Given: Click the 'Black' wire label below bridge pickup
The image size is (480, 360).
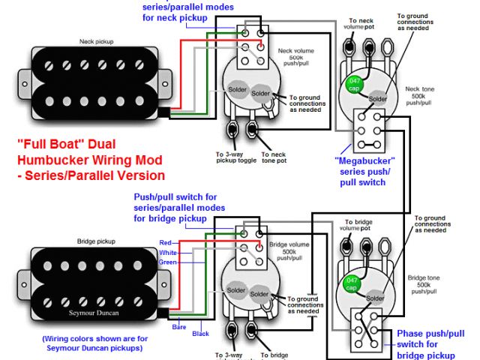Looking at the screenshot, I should tap(201, 332).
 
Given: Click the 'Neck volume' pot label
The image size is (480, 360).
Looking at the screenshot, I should tap(296, 52).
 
